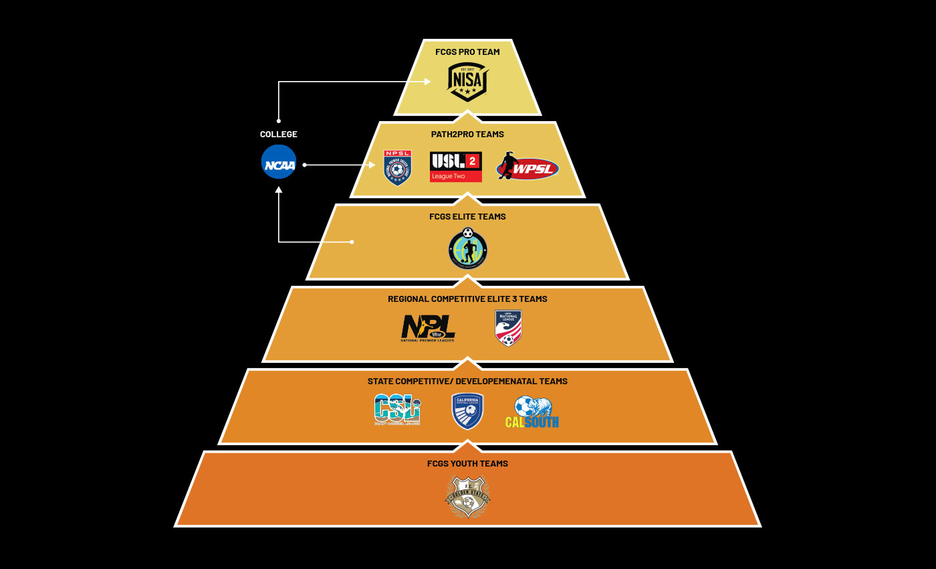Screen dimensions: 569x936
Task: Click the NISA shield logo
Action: (x=467, y=82)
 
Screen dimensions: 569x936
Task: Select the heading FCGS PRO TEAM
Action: (x=467, y=52)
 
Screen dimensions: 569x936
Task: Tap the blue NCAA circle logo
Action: (x=279, y=162)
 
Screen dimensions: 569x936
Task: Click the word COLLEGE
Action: (x=279, y=135)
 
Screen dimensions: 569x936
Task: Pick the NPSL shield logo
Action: (x=397, y=167)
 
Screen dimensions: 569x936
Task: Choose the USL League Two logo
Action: (x=455, y=167)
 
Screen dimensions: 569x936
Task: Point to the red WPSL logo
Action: (x=528, y=167)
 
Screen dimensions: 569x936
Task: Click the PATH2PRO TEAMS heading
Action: (x=467, y=135)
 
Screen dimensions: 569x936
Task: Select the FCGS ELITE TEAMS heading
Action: (x=467, y=217)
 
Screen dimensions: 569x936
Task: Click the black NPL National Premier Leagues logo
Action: (x=428, y=328)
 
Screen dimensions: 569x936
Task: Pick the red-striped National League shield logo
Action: (x=508, y=328)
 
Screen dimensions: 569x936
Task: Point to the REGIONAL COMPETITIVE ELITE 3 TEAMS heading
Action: (x=467, y=299)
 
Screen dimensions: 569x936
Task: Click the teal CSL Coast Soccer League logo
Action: (x=397, y=410)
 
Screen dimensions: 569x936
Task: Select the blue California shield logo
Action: (x=467, y=410)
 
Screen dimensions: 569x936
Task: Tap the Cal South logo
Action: (x=532, y=412)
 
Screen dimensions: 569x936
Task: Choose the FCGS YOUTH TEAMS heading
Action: (x=467, y=464)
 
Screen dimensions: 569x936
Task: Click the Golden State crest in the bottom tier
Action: (x=467, y=496)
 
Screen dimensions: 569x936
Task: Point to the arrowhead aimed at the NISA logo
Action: (x=427, y=82)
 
